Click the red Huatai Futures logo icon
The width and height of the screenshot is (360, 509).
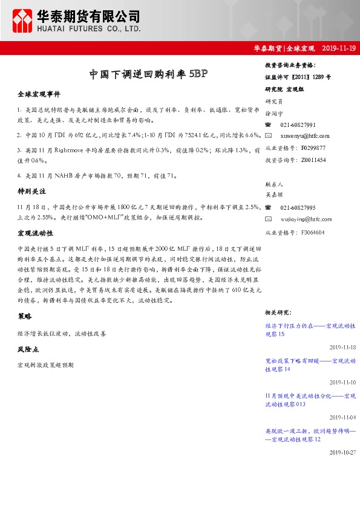click(x=24, y=21)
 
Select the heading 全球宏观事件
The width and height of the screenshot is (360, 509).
click(x=39, y=95)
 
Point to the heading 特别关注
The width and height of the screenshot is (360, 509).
click(x=32, y=191)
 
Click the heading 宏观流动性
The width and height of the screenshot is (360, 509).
click(x=36, y=233)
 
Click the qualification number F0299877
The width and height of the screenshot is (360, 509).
click(x=313, y=148)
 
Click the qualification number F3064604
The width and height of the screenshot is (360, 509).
click(x=313, y=232)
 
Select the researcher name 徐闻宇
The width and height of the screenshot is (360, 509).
click(x=274, y=112)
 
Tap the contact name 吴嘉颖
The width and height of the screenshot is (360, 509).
click(x=274, y=195)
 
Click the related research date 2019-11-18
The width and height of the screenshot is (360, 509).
click(x=342, y=348)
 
